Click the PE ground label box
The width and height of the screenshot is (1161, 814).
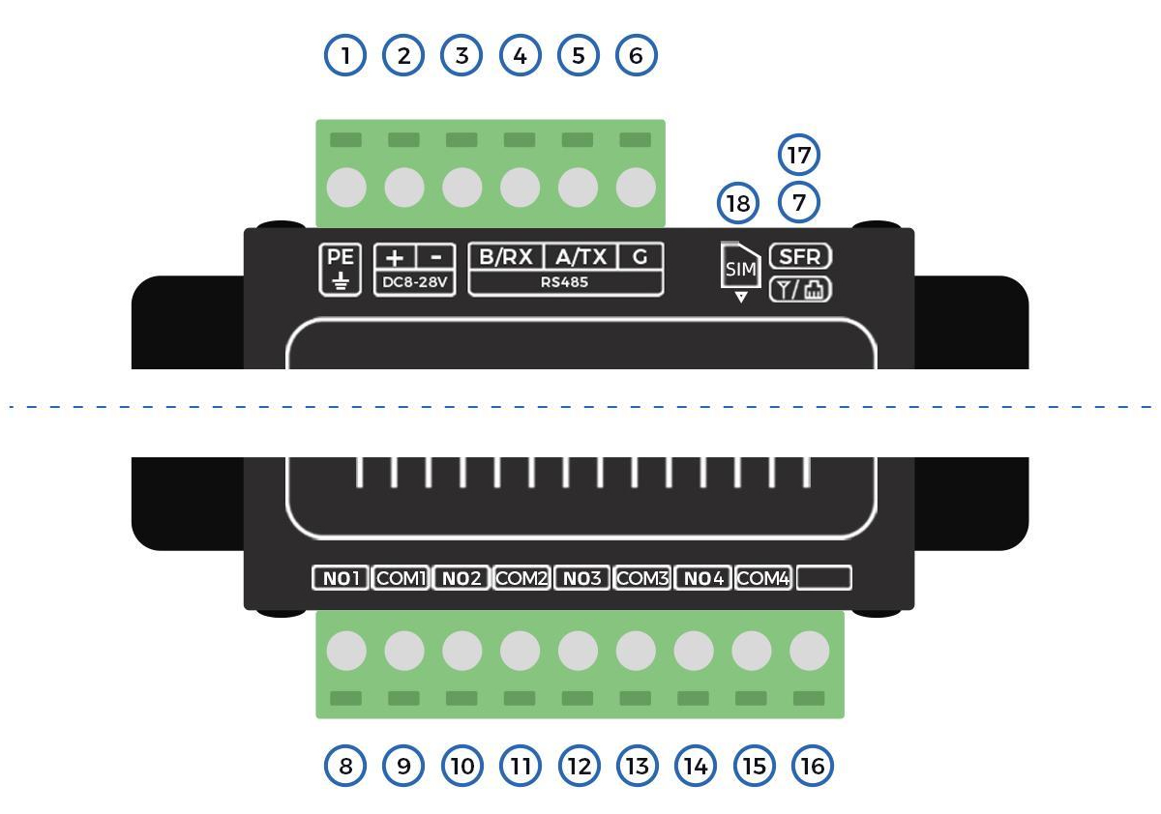(340, 270)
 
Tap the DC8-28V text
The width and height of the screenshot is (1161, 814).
(415, 282)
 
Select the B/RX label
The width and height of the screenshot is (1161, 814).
(506, 257)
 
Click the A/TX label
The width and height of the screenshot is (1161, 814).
(581, 257)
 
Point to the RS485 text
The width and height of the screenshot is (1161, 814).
(564, 282)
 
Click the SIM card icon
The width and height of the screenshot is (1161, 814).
(741, 265)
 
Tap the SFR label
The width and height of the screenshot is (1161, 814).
(800, 256)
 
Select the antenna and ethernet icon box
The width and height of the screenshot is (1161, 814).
(800, 289)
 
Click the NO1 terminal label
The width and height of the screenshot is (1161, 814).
(341, 578)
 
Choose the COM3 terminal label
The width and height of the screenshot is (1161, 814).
(642, 578)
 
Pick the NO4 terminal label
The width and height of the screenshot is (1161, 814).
(702, 578)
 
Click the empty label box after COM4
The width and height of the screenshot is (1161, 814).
(824, 578)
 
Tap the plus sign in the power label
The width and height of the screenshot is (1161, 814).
(395, 257)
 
